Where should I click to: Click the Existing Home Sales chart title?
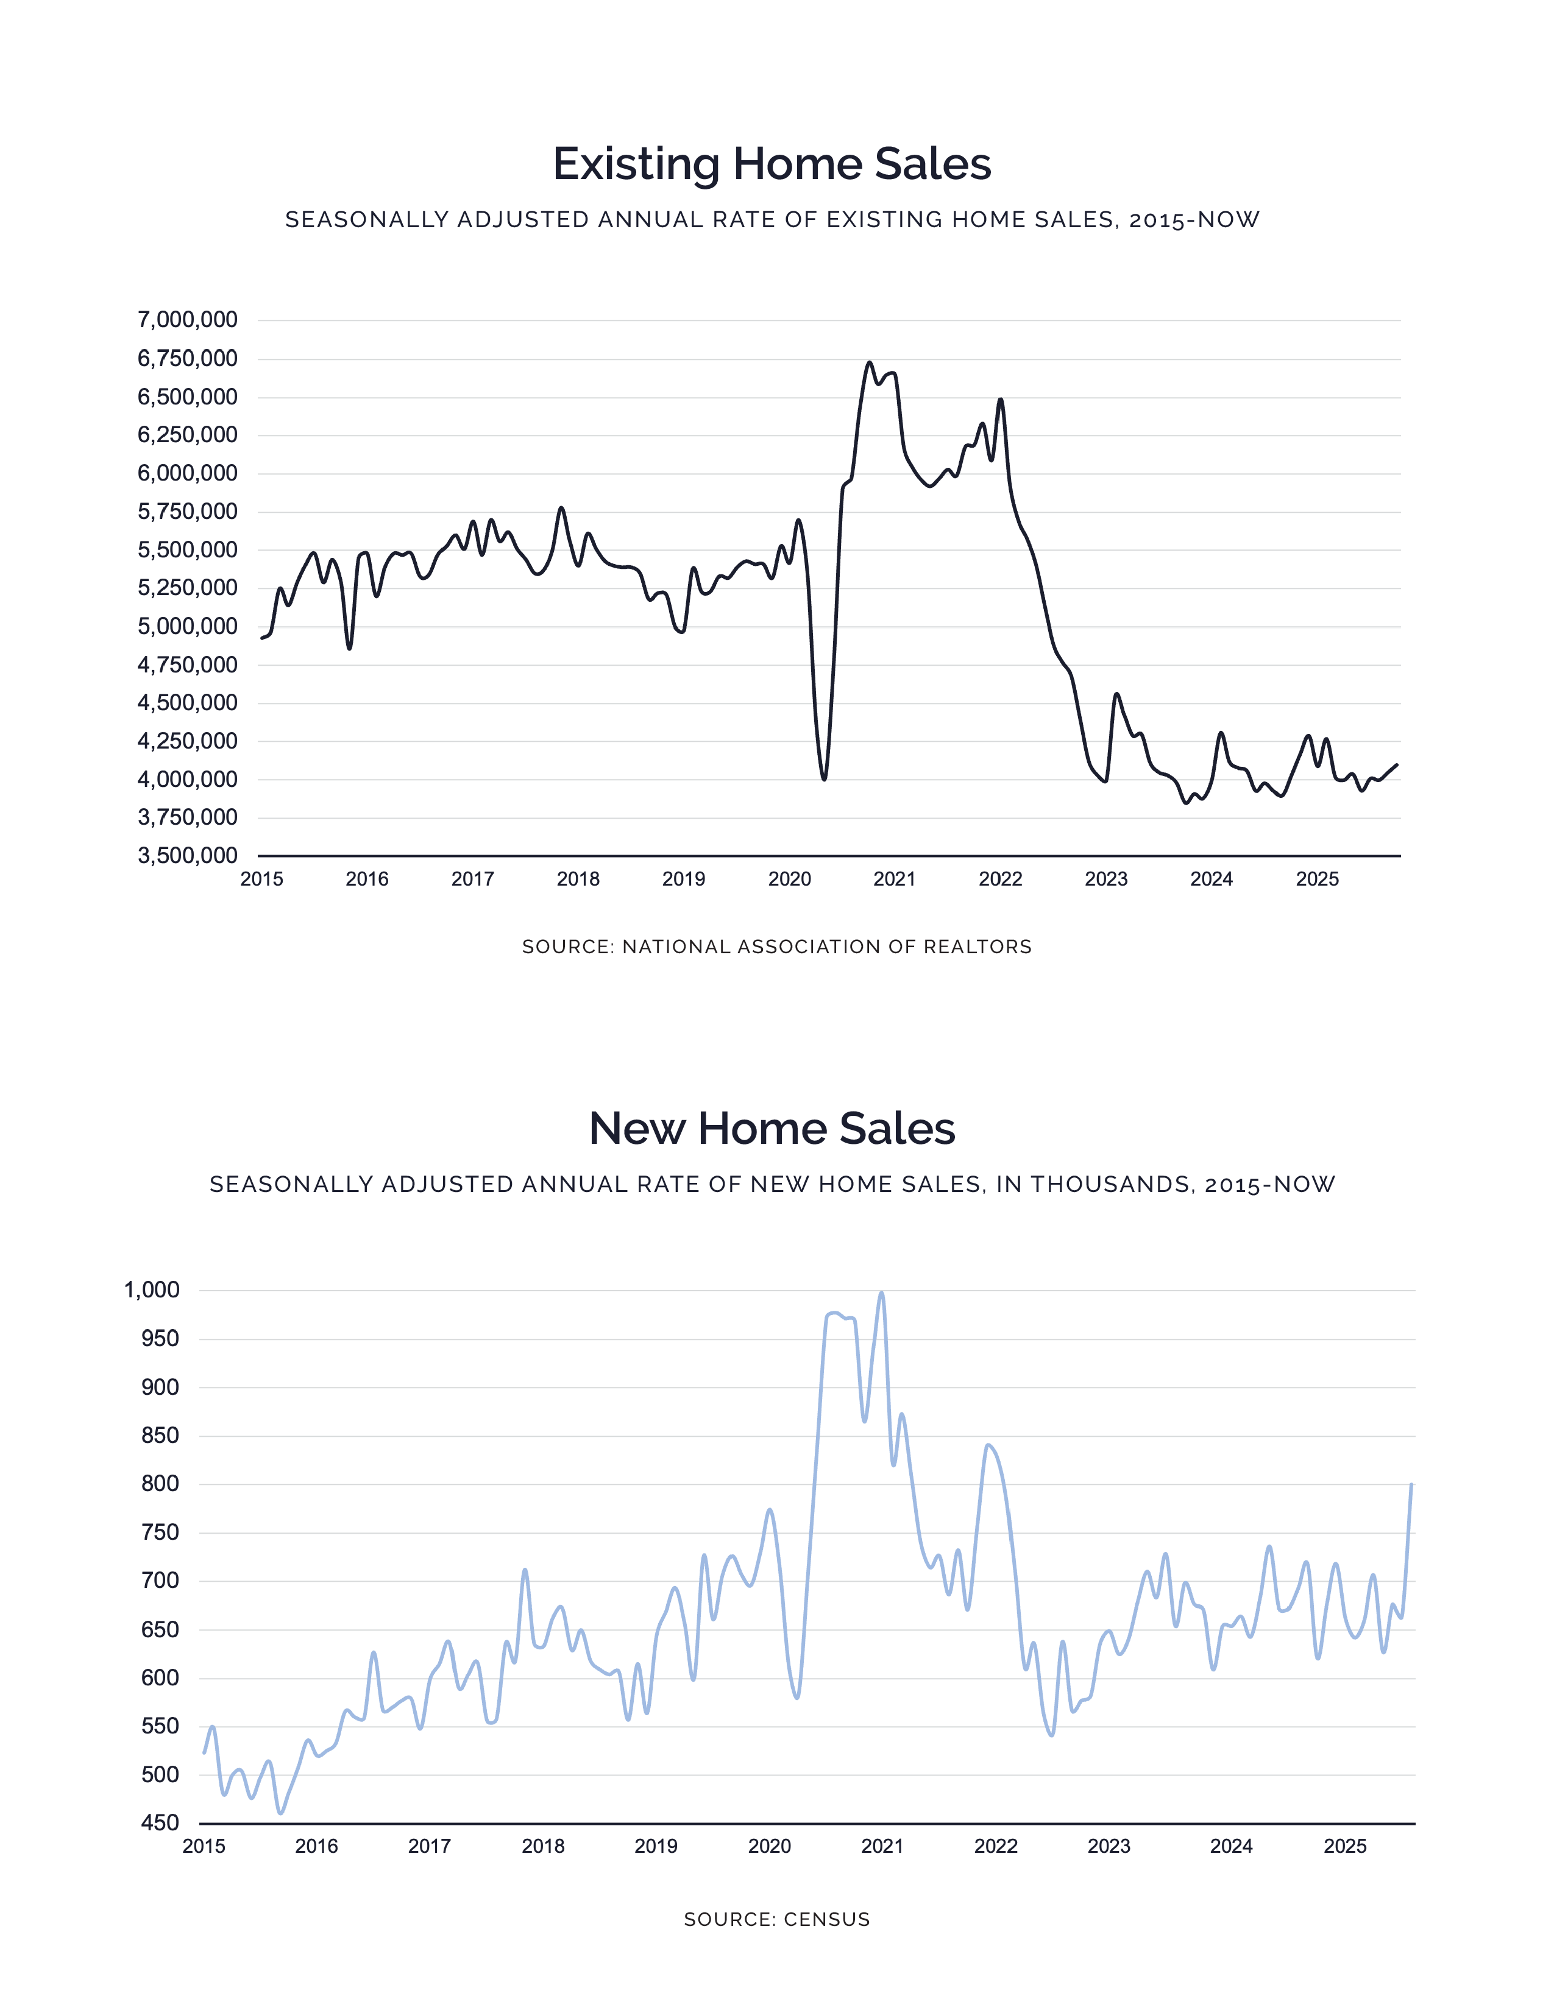[x=772, y=164]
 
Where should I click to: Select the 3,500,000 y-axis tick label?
[x=187, y=856]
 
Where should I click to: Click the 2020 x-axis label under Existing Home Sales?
[x=789, y=879]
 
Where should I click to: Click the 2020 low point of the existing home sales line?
[x=824, y=778]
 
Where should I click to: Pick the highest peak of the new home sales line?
[x=881, y=1293]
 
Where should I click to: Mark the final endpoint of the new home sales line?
[x=1411, y=1484]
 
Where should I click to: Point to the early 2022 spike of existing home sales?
[x=1001, y=400]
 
